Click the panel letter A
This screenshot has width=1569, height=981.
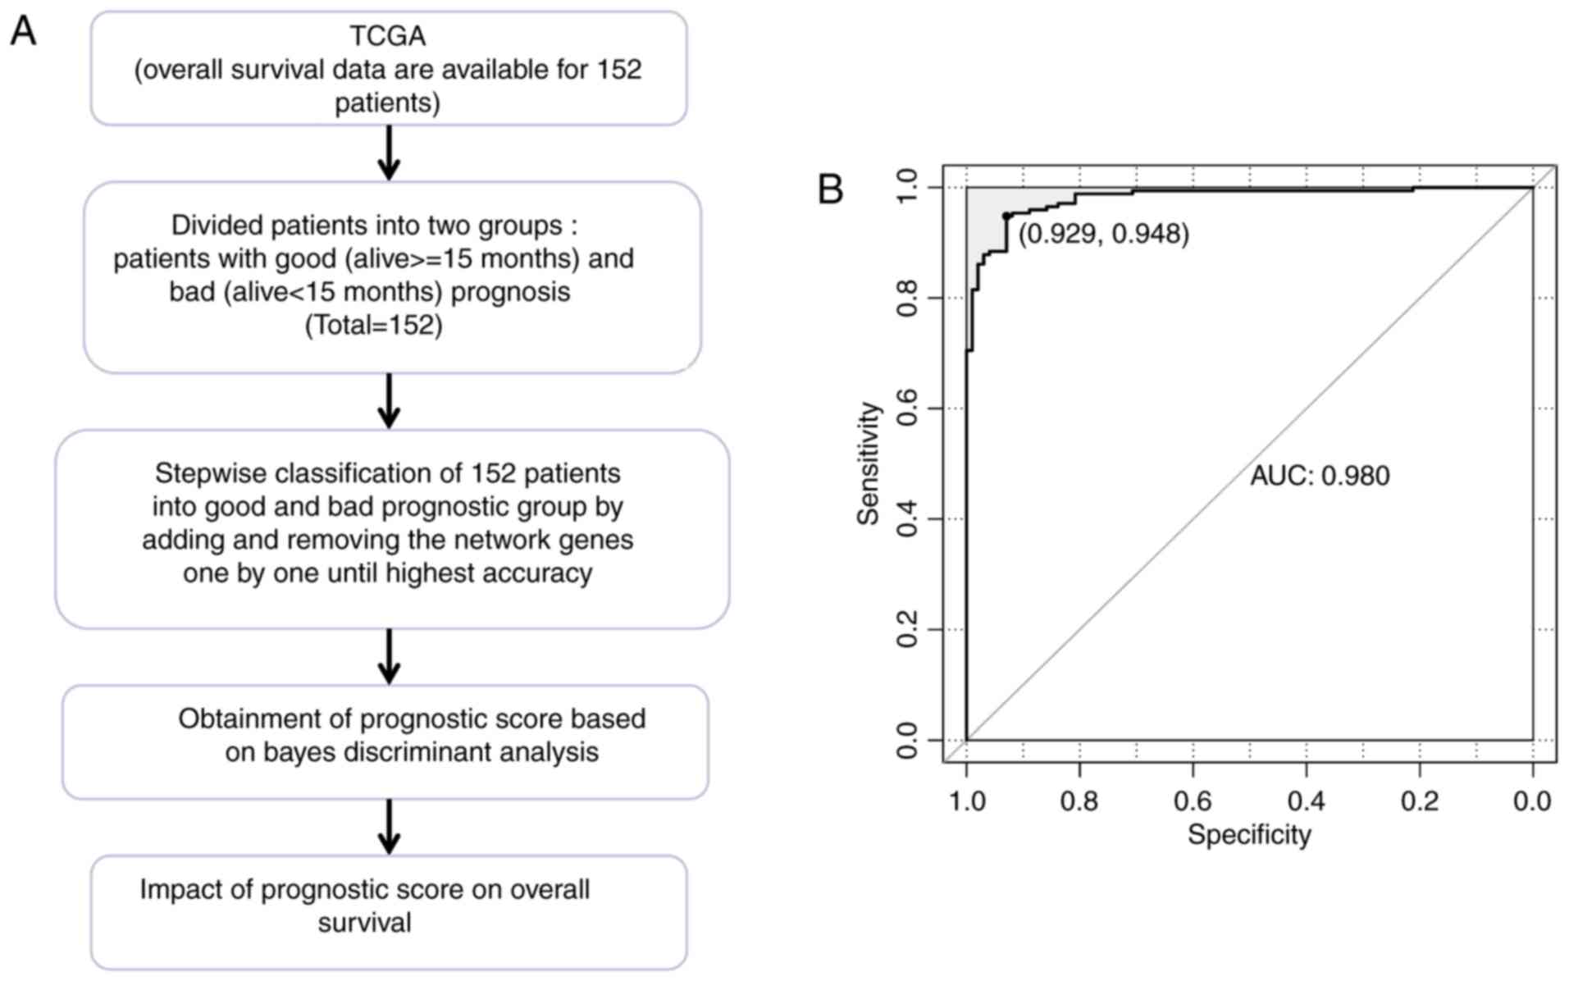coord(23,32)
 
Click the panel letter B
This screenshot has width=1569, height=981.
coord(830,190)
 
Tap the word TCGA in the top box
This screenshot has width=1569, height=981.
coord(388,36)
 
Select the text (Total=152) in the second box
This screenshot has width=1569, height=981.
coord(374,326)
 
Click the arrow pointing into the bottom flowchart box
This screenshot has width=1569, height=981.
coord(389,828)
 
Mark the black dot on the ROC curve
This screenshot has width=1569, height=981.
coord(1006,216)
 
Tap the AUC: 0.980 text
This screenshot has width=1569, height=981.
coord(1320,476)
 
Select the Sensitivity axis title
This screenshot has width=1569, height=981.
coord(869,463)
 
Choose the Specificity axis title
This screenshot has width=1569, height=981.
coord(1249,835)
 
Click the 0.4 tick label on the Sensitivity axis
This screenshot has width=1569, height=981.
coord(908,519)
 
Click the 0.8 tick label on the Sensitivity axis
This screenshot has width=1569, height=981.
coord(908,298)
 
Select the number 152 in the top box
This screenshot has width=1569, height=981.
coord(619,70)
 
